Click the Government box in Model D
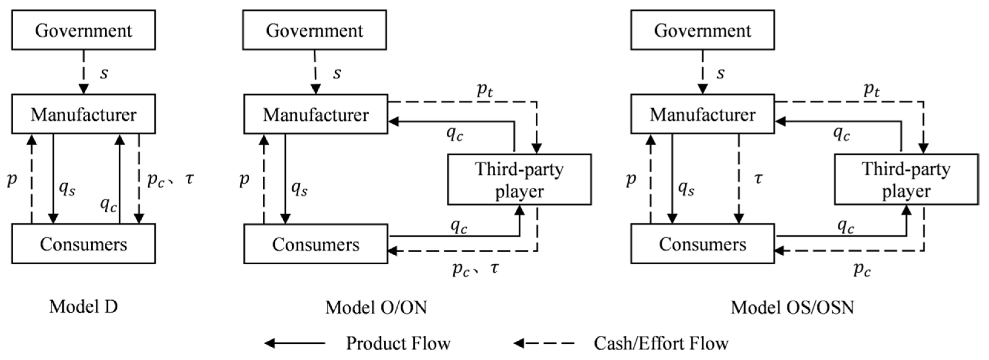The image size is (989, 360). click(83, 30)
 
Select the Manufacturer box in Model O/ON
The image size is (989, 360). click(316, 114)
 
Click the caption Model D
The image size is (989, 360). click(83, 307)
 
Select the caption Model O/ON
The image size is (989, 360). click(376, 307)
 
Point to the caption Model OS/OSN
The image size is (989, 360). click(792, 307)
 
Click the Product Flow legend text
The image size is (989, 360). click(398, 343)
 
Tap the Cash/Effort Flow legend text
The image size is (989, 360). click(661, 343)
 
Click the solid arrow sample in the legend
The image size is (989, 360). click(295, 343)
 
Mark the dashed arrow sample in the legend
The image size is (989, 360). click(544, 343)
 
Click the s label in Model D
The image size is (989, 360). click(104, 73)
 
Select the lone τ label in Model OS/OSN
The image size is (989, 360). click(758, 178)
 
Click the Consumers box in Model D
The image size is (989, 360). click(83, 244)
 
